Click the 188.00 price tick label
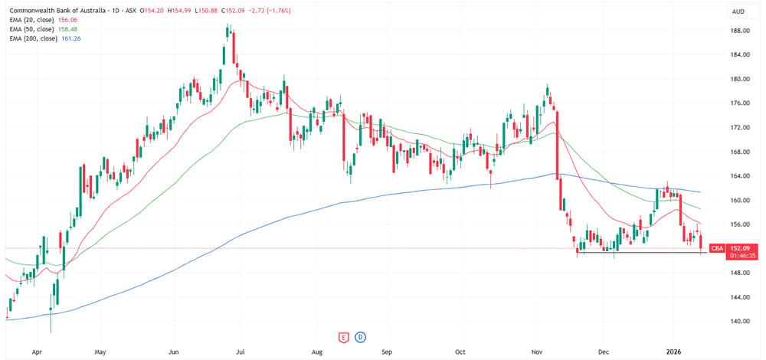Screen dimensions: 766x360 click(740, 31)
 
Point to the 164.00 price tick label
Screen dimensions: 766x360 click(740, 176)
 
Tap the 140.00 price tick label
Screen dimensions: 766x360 click(740, 322)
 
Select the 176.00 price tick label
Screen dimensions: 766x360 click(740, 103)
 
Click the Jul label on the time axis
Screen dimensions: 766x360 click(239, 352)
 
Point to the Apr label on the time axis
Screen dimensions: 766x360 click(37, 352)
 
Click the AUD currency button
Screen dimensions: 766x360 click(738, 11)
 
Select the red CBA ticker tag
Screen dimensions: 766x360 click(717, 249)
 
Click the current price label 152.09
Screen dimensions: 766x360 click(740, 249)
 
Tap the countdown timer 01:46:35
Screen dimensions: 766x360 click(740, 255)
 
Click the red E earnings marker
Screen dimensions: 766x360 click(343, 336)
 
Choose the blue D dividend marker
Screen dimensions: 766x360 click(362, 336)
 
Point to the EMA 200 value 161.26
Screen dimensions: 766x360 click(70, 38)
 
